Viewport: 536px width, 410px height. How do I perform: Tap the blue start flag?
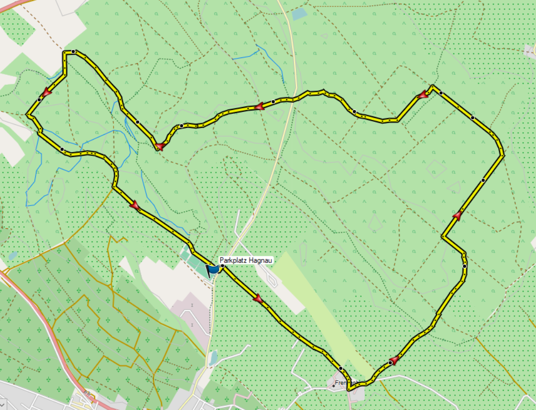213,269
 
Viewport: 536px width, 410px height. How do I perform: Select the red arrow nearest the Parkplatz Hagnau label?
258,299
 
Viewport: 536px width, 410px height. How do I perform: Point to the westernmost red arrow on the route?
47,92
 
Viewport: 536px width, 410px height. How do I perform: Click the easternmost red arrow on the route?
457,216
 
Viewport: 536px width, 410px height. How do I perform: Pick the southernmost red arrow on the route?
394,359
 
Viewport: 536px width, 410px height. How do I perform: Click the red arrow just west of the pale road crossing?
259,106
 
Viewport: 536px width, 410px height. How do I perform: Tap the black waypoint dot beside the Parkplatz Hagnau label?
222,266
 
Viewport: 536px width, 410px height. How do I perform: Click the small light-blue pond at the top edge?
299,14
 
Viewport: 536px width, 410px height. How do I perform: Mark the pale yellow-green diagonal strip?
322,312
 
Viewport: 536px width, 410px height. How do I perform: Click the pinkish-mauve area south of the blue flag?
190,317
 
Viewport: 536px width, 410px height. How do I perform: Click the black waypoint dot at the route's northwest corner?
73,51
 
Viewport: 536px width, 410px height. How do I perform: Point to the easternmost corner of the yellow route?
503,155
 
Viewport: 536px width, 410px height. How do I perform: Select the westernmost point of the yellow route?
27,114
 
